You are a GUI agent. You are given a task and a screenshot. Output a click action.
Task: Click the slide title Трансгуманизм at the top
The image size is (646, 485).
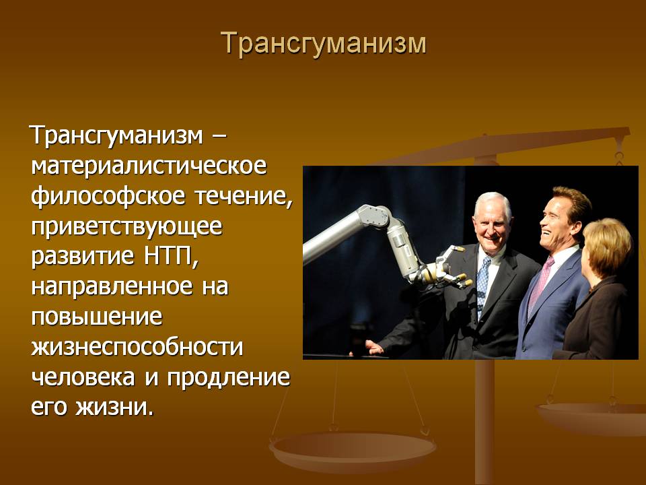coord(324,43)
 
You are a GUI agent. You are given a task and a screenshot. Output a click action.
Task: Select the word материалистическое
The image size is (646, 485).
coord(149,166)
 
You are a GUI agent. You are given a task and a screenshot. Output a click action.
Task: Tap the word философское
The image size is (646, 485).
coord(108,196)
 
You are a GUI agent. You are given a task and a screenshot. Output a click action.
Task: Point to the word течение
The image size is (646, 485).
coord(243,197)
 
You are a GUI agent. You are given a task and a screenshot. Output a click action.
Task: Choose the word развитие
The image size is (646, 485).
coord(82,257)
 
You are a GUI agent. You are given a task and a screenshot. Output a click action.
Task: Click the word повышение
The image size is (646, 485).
coord(97,317)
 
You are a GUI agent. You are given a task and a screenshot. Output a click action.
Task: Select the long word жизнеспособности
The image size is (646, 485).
coord(137,348)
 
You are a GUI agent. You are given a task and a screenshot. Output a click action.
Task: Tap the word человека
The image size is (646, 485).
coord(83,377)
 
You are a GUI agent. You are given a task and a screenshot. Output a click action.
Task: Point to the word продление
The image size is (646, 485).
coord(229,378)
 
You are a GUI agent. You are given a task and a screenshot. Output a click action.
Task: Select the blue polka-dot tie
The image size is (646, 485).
coord(482,284)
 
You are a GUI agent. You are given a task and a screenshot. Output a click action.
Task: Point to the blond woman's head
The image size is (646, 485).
coord(607,247)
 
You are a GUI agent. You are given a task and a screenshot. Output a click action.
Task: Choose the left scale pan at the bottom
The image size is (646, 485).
coord(353,451)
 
